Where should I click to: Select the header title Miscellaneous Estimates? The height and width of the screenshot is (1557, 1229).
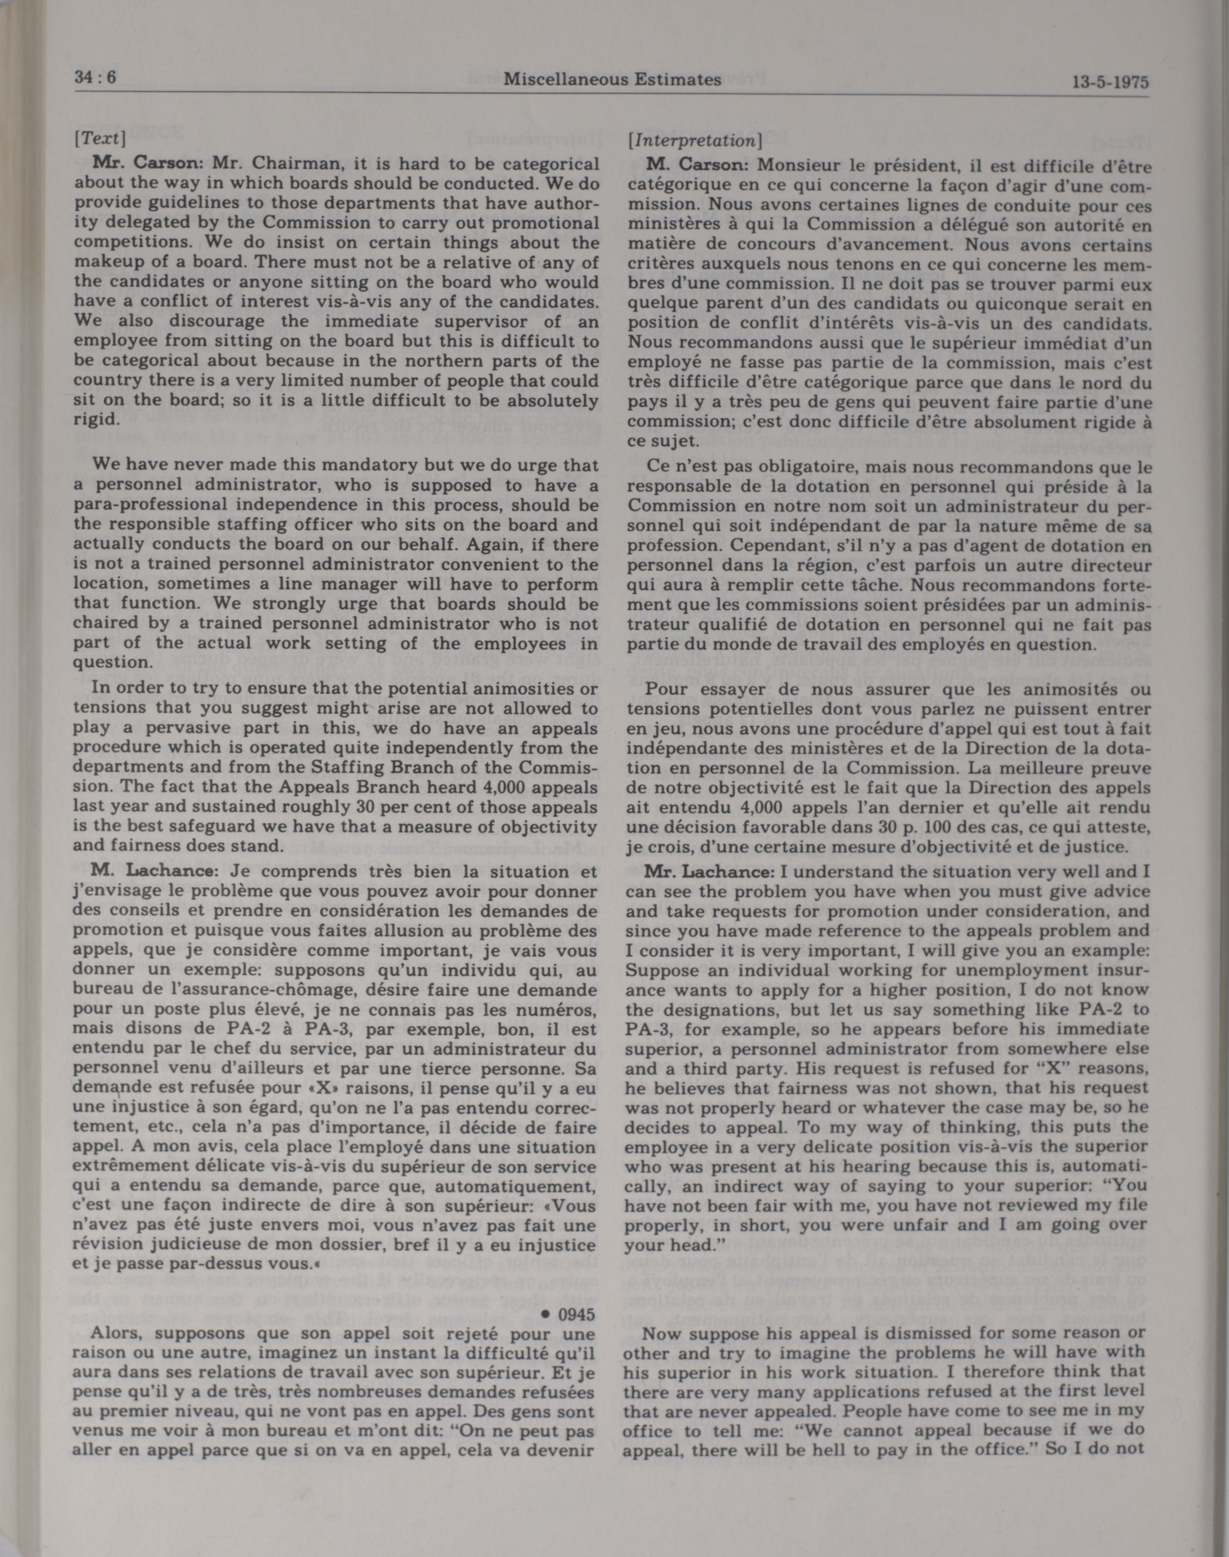611,79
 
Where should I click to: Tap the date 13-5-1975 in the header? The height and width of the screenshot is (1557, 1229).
1110,82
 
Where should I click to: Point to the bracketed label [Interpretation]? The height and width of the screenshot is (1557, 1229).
695,141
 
